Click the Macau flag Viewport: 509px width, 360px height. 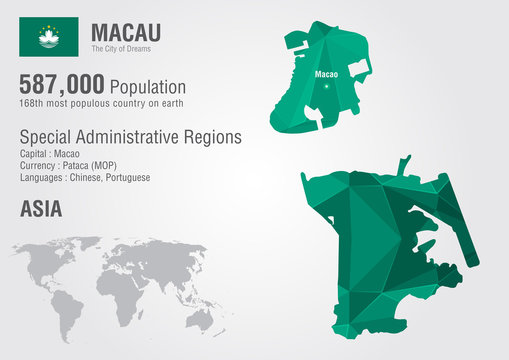[x=47, y=37]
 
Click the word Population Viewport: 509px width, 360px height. [x=148, y=88]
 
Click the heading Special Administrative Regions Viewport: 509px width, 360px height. [x=131, y=137]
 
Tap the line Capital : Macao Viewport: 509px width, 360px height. [x=51, y=154]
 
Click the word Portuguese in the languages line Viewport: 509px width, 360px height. [x=122, y=177]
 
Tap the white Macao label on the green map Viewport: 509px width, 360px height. [x=326, y=74]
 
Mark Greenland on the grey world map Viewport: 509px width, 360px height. [x=75, y=245]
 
